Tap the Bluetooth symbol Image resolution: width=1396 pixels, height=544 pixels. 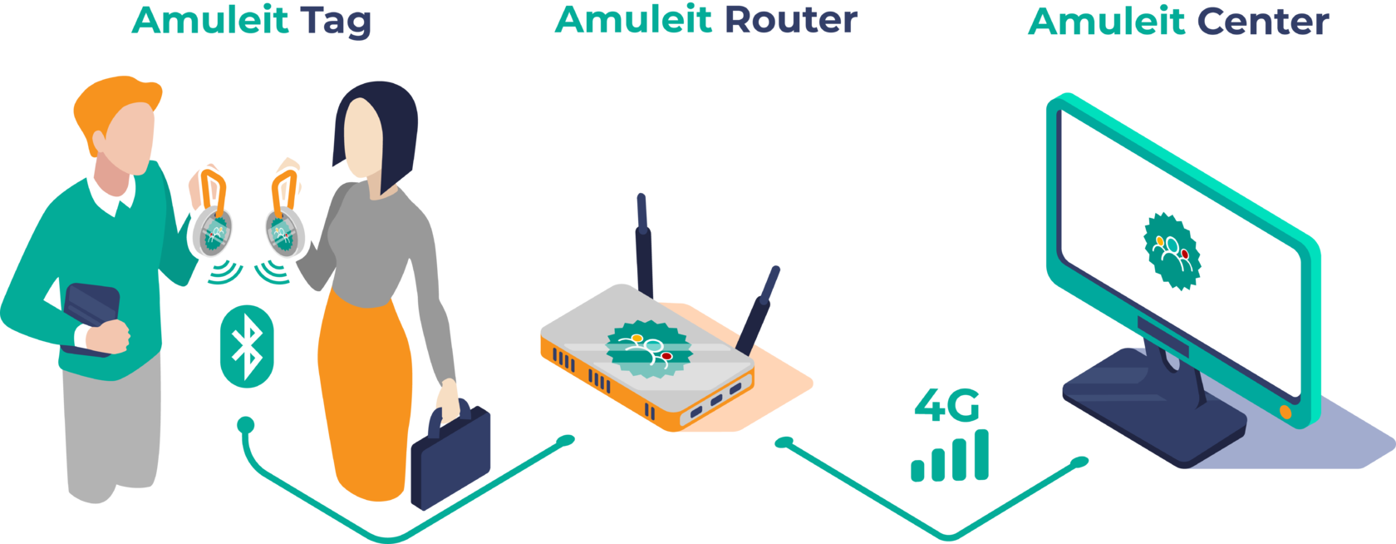(x=247, y=346)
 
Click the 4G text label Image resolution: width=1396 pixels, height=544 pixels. (x=946, y=405)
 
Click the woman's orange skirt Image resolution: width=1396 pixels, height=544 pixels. (x=366, y=391)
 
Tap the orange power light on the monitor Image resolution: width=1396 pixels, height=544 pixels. (x=1285, y=412)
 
